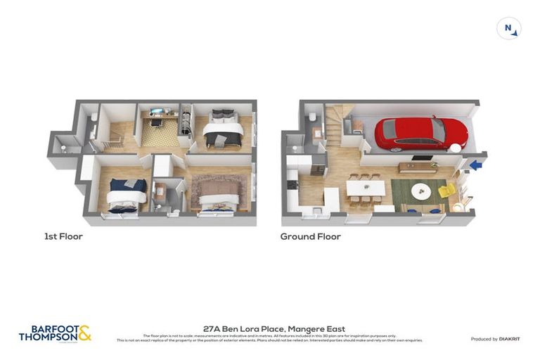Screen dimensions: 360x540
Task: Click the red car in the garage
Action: coord(420,132)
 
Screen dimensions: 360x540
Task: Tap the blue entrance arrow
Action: coord(477,166)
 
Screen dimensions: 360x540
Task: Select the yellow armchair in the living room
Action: coord(446,191)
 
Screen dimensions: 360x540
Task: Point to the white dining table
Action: coord(366,188)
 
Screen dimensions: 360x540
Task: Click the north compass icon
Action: coord(508,29)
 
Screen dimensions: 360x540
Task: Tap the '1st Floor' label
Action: coord(63,237)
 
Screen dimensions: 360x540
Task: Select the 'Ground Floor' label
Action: coord(310,237)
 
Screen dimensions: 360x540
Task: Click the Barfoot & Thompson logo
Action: coord(55,333)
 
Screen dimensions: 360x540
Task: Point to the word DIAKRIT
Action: coord(509,339)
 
